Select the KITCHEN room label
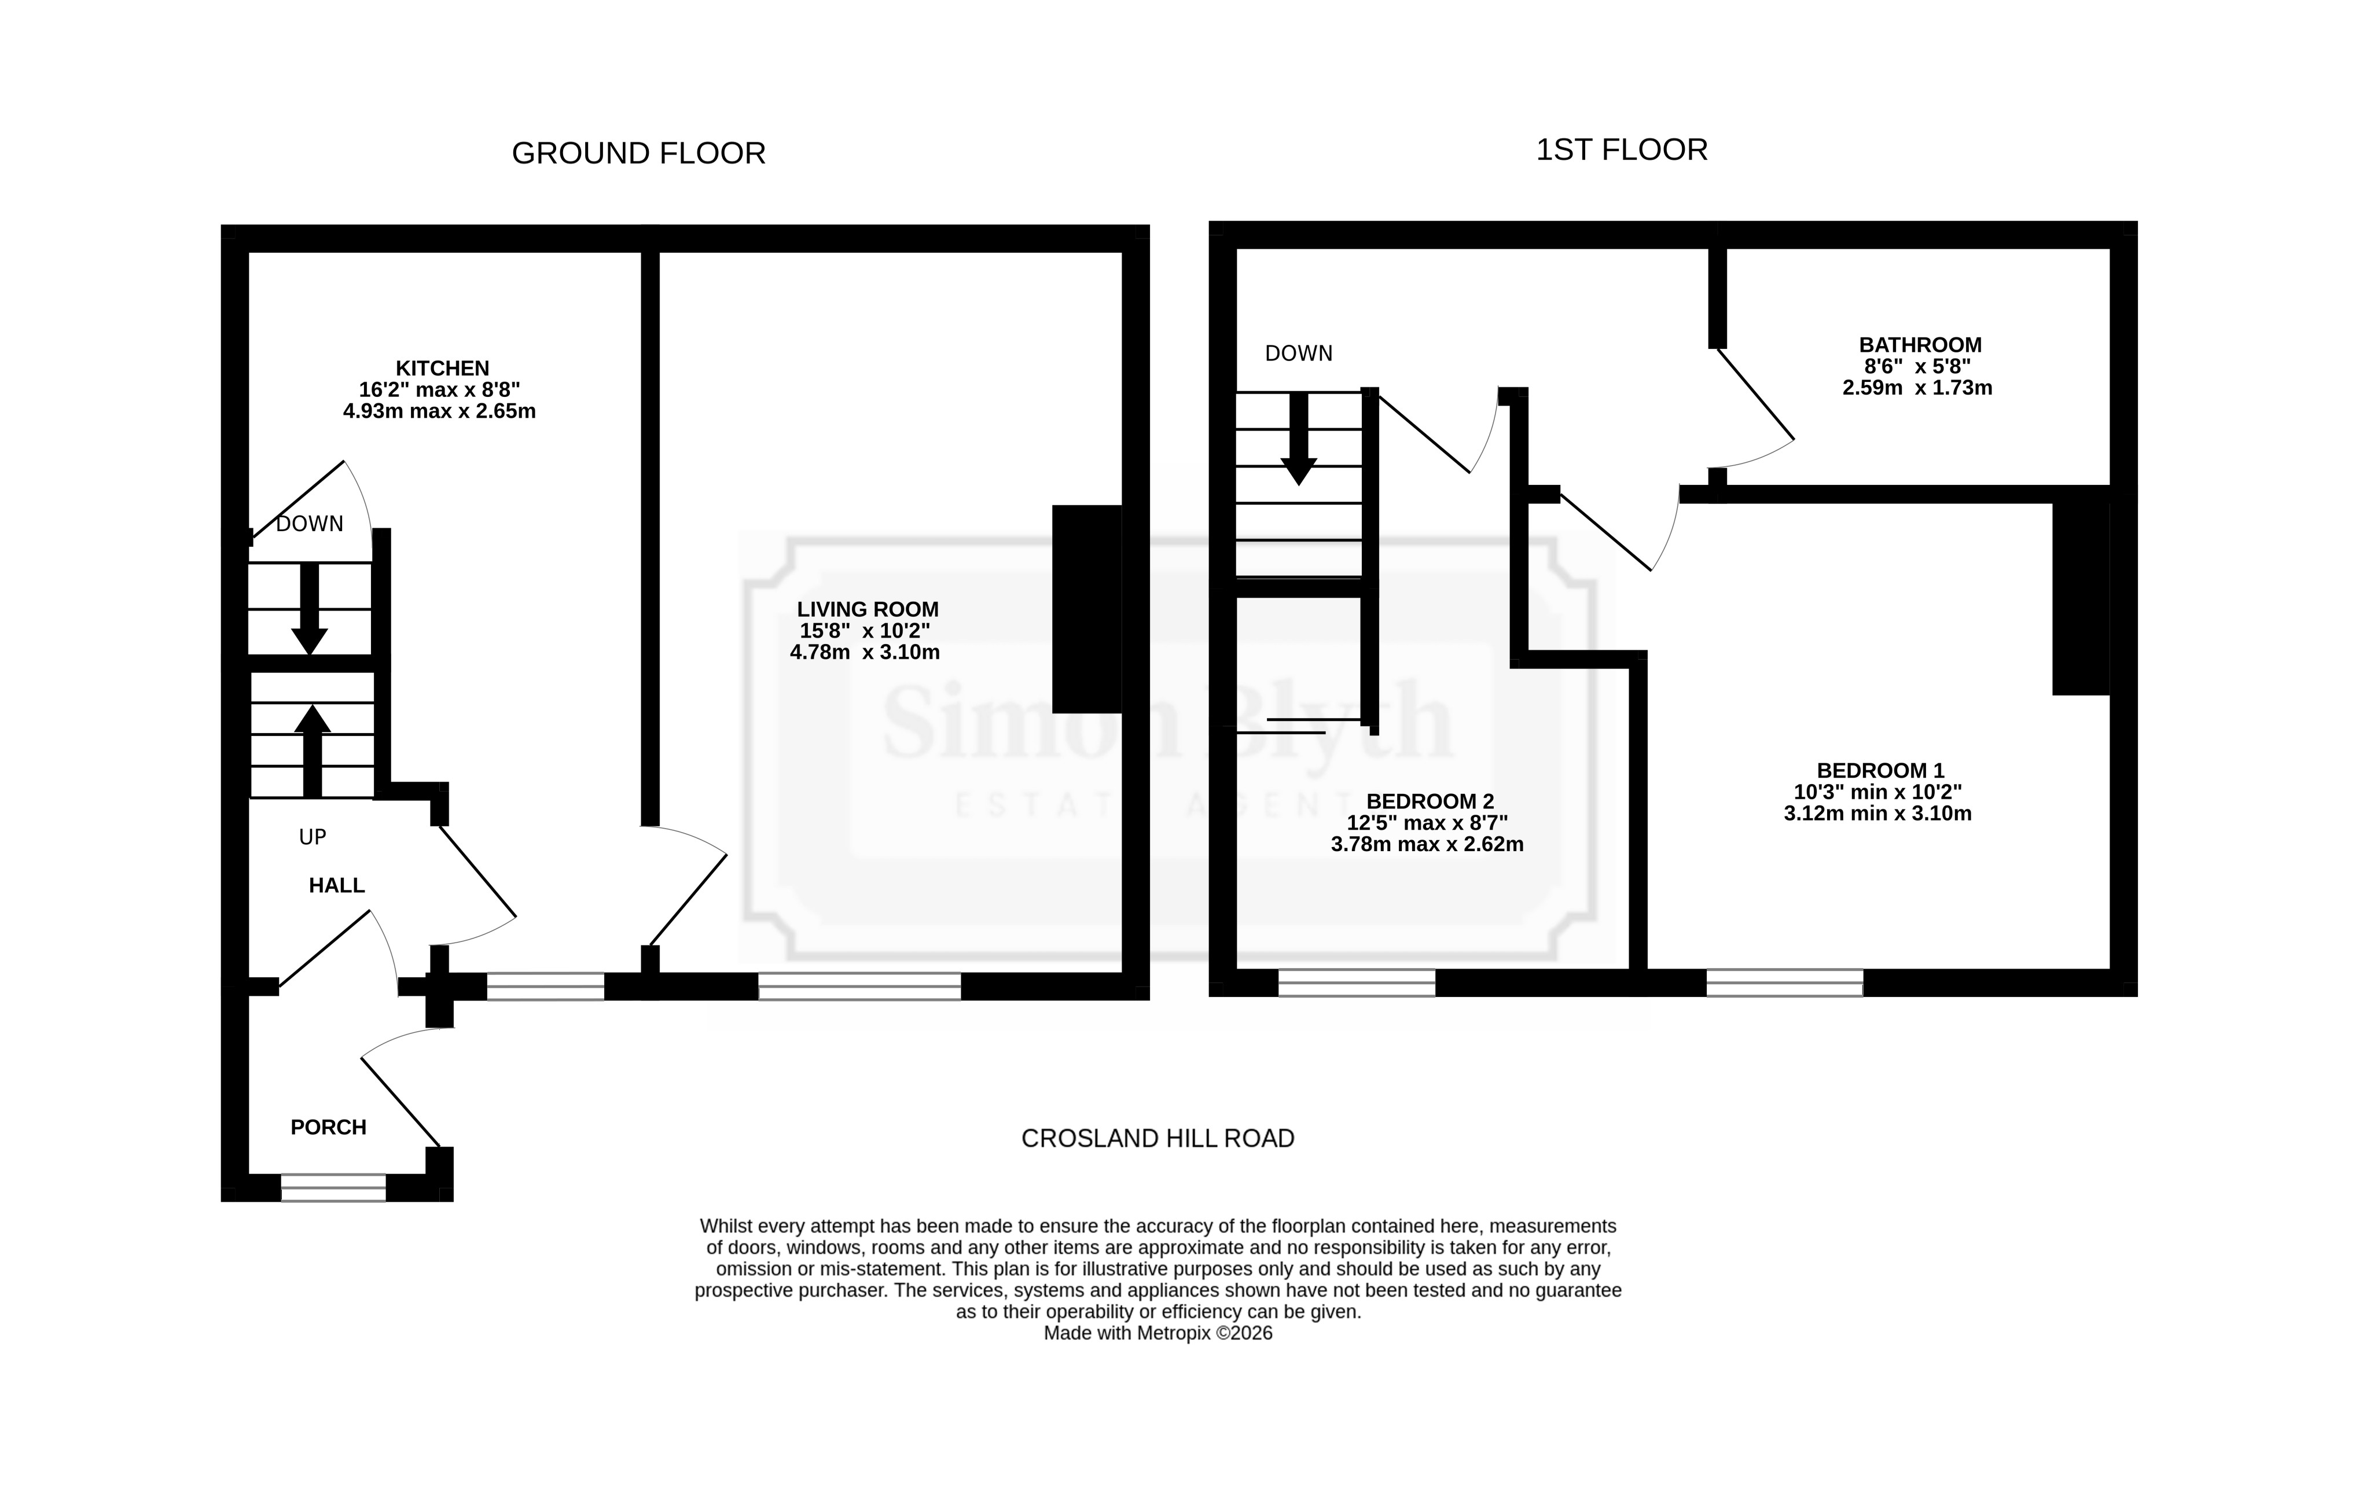442,369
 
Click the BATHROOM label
1920,345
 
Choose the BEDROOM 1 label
1880,771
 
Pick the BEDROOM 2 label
1430,803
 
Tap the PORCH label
328,1128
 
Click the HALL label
337,886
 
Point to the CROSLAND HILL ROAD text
1158,1138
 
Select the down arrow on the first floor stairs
1299,439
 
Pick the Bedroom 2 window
1357,982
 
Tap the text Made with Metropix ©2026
1158,1333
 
